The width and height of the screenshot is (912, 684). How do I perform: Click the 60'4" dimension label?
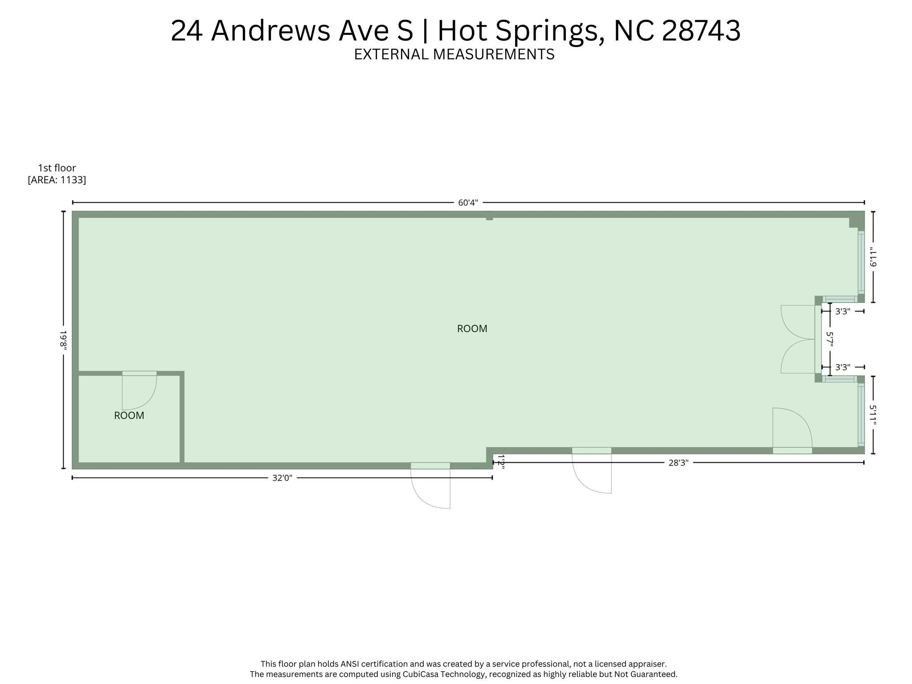(x=468, y=203)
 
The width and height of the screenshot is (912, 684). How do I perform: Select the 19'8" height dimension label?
(x=63, y=340)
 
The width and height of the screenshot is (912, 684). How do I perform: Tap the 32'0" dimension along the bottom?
(x=282, y=478)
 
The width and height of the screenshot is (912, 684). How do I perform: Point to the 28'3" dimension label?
(x=678, y=463)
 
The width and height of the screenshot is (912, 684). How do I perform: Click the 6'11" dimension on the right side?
(x=873, y=257)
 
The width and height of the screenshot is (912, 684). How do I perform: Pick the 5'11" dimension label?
(x=873, y=415)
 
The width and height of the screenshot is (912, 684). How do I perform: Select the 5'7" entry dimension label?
(x=829, y=340)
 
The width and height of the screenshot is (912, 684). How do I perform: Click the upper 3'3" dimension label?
(x=842, y=311)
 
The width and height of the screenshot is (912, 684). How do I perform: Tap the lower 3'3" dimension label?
(x=842, y=368)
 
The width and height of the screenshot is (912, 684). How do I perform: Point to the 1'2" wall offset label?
(x=501, y=462)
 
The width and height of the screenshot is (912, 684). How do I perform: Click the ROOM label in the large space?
(x=472, y=329)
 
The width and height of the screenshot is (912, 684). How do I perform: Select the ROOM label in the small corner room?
(x=129, y=416)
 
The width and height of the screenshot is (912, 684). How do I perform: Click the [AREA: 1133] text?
(x=57, y=180)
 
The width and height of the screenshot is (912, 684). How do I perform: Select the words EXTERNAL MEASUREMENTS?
(x=454, y=54)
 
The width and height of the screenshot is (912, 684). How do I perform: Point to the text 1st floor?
(x=57, y=168)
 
